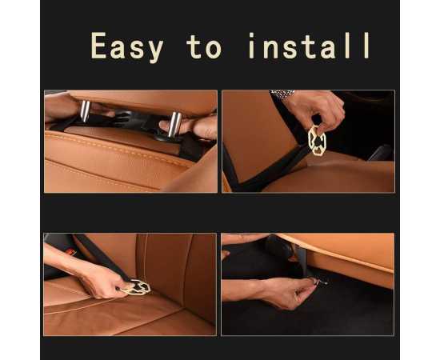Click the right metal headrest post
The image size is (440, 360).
click(174, 124)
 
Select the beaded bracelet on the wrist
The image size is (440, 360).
click(282, 94)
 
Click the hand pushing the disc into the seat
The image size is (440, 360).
click(100, 280)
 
